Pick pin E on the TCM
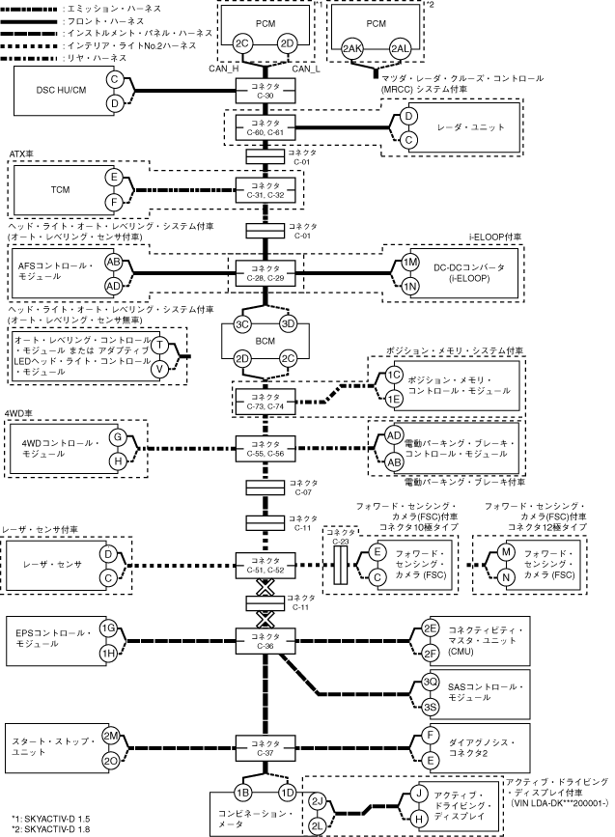[x=113, y=178]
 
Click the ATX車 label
[x=21, y=153]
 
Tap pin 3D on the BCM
[x=286, y=323]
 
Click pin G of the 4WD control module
[x=117, y=436]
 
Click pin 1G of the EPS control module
[x=109, y=628]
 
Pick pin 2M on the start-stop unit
[x=110, y=735]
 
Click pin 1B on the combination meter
[x=243, y=792]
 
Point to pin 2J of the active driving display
[x=317, y=800]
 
